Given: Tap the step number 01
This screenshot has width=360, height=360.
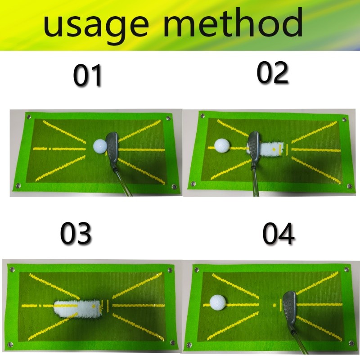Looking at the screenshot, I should click(x=88, y=76).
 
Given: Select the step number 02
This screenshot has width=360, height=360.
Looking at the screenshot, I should click(x=272, y=73).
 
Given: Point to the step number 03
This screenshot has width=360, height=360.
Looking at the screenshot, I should click(x=76, y=234).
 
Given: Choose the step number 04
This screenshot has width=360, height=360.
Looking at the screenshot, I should click(x=279, y=234).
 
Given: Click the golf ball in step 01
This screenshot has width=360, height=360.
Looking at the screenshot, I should click(x=100, y=146).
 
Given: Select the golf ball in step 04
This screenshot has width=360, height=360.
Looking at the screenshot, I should click(x=218, y=302).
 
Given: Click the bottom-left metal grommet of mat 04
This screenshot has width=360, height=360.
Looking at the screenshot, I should click(x=189, y=346).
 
